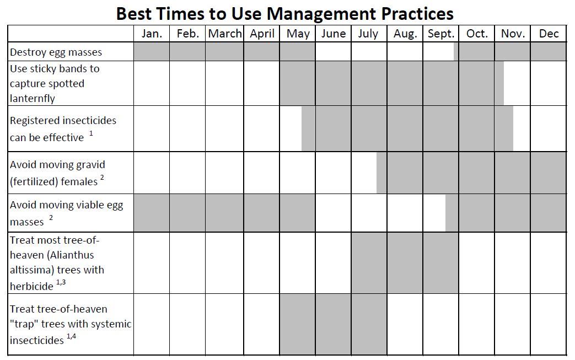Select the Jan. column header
(152, 34)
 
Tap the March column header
(225, 34)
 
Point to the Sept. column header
(441, 34)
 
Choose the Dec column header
(549, 34)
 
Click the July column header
(368, 34)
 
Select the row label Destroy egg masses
(56, 52)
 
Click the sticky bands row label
(55, 83)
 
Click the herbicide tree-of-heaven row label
(57, 262)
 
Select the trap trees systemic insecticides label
(71, 324)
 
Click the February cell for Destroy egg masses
(187, 52)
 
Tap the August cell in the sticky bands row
(405, 83)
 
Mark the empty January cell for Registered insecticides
(152, 128)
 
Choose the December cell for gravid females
(549, 173)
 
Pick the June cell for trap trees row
(333, 324)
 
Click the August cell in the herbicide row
(405, 262)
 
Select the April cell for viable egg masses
(262, 213)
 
